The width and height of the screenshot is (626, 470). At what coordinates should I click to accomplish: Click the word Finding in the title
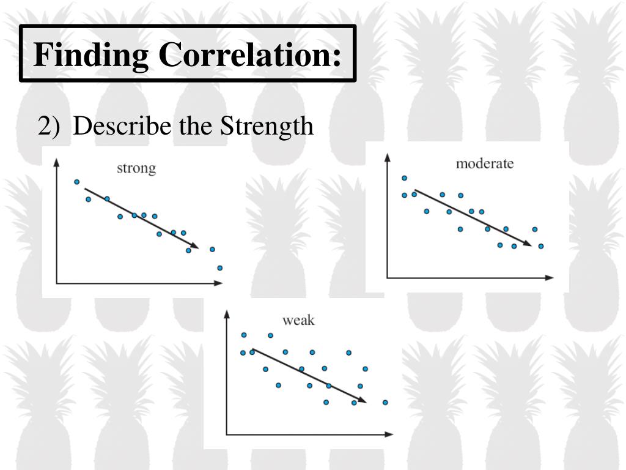(x=92, y=54)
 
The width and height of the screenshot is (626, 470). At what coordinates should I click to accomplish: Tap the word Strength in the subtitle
(x=267, y=126)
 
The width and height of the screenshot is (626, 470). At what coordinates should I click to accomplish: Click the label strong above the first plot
(x=136, y=168)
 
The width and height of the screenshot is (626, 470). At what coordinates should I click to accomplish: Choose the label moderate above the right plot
(x=485, y=163)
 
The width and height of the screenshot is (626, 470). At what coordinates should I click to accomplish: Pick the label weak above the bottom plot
(x=298, y=320)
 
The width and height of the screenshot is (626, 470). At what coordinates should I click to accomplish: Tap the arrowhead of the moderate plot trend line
(x=528, y=243)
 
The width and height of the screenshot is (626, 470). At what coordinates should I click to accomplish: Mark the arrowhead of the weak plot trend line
(x=363, y=401)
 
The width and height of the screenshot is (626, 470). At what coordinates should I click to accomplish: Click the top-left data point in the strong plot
(x=76, y=182)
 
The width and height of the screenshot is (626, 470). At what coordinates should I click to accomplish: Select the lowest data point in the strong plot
(x=219, y=267)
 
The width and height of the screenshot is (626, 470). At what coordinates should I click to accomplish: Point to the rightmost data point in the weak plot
(x=385, y=402)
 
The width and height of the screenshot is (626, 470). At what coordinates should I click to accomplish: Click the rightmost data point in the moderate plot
(x=540, y=246)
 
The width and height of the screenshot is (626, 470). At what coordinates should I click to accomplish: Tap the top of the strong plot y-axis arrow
(x=56, y=161)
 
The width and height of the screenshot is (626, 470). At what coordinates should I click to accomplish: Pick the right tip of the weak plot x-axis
(x=391, y=435)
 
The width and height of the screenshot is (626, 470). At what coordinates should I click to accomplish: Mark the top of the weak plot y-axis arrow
(x=226, y=313)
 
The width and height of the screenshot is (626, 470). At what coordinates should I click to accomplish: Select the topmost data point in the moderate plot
(x=404, y=178)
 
